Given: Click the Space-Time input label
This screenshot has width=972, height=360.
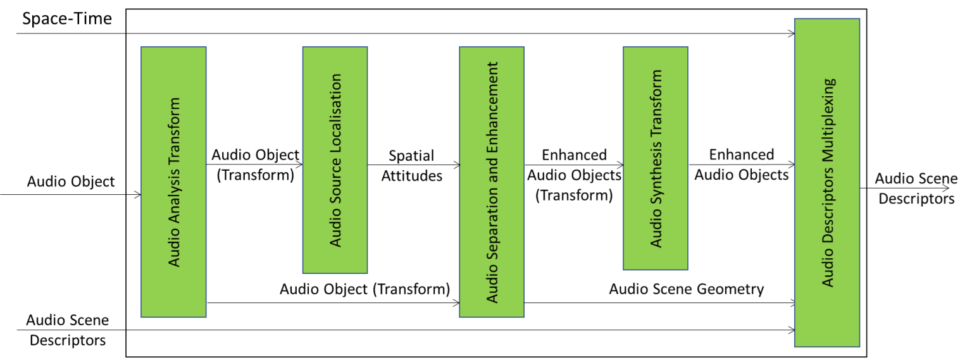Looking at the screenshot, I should click(x=66, y=19).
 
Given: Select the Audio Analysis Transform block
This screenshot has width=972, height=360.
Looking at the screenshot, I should click(x=173, y=182).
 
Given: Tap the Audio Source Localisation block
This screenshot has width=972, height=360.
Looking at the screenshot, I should click(x=335, y=159).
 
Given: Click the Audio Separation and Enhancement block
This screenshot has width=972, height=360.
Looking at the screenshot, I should click(x=492, y=182).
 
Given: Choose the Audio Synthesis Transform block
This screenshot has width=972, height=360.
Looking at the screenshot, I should click(x=656, y=158).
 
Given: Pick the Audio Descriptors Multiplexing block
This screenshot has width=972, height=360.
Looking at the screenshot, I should click(x=827, y=182).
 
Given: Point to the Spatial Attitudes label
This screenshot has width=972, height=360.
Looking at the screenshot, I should click(x=411, y=166).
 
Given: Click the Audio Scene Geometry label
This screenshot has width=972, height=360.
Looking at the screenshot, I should click(x=687, y=289).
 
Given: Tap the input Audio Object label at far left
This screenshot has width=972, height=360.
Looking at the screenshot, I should click(x=71, y=182).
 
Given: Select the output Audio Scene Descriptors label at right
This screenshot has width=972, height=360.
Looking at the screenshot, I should click(x=916, y=189).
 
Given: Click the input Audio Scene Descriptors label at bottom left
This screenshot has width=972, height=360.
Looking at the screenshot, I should click(x=67, y=330).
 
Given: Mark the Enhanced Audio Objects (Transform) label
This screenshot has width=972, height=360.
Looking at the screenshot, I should click(x=574, y=175).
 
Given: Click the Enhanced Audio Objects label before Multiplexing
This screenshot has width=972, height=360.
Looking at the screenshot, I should click(x=741, y=164).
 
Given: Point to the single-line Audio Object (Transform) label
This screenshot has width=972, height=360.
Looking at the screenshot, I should click(x=364, y=289).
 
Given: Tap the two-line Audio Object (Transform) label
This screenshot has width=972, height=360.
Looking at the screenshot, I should click(x=255, y=165).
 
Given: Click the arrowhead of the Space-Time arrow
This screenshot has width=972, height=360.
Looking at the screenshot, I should click(x=791, y=34).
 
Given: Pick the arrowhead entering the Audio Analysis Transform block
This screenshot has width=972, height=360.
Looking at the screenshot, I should click(x=137, y=194).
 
